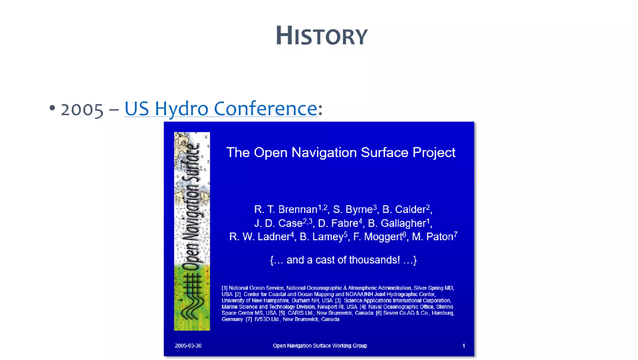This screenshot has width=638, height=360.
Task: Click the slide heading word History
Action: pyautogui.click(x=322, y=36)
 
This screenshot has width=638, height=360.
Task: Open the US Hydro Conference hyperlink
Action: pyautogui.click(x=221, y=108)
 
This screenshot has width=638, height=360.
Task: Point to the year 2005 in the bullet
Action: pyautogui.click(x=82, y=110)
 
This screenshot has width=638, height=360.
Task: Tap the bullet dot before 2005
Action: pyautogui.click(x=52, y=108)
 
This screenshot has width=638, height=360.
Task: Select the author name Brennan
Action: pyautogui.click(x=298, y=209)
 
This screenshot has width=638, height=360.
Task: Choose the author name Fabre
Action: pyautogui.click(x=344, y=223)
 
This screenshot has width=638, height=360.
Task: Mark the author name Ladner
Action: pyautogui.click(x=274, y=237)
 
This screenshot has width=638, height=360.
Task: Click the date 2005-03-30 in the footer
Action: pyautogui.click(x=188, y=346)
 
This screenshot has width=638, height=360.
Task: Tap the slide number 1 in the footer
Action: pyautogui.click(x=464, y=346)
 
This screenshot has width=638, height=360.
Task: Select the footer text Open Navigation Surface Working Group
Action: pyautogui.click(x=320, y=346)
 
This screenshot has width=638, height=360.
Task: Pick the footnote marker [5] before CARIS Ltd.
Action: pyautogui.click(x=282, y=313)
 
